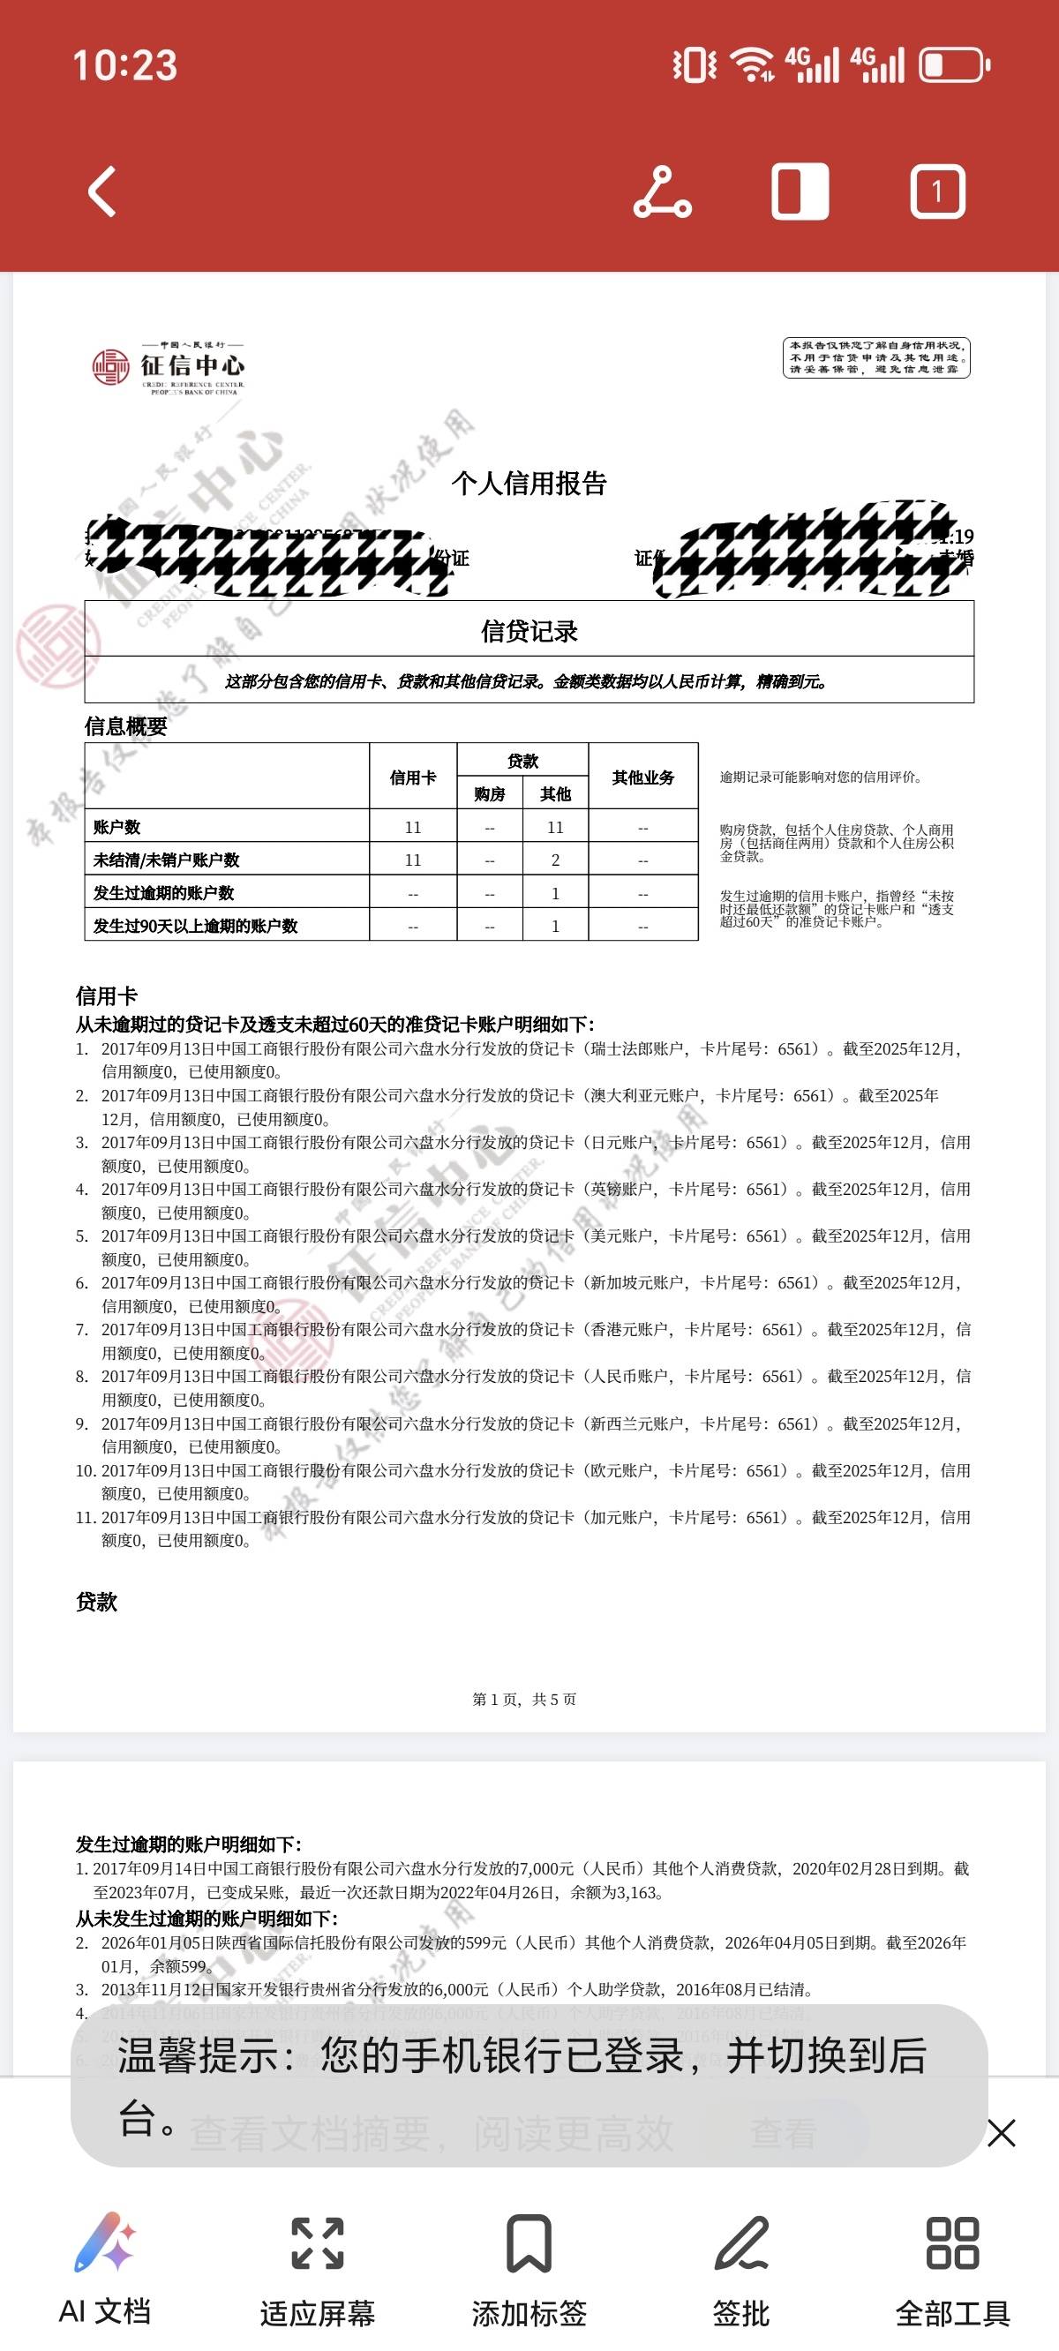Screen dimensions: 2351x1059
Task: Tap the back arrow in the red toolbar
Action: tap(102, 192)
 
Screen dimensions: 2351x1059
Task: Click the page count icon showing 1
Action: tap(936, 192)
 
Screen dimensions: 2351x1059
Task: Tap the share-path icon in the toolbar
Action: tap(663, 192)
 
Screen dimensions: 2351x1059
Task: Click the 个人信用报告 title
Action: tap(529, 483)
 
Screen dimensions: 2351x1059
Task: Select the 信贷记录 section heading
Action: tap(529, 631)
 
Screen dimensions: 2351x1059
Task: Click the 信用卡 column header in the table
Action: tap(413, 777)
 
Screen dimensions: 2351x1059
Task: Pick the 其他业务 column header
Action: tap(642, 777)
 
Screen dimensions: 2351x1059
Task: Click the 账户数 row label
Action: tap(116, 827)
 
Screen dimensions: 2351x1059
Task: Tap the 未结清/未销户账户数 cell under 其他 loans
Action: tap(555, 860)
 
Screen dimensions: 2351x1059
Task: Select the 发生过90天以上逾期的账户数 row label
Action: tap(195, 926)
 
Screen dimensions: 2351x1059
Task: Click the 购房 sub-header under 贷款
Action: tap(489, 794)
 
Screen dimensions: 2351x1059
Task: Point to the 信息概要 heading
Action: tap(126, 726)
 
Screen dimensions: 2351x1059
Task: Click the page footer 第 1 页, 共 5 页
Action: tap(524, 1699)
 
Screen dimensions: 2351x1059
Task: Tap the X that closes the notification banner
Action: tap(1001, 2133)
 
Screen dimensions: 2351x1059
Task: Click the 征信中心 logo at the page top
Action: tap(169, 367)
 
